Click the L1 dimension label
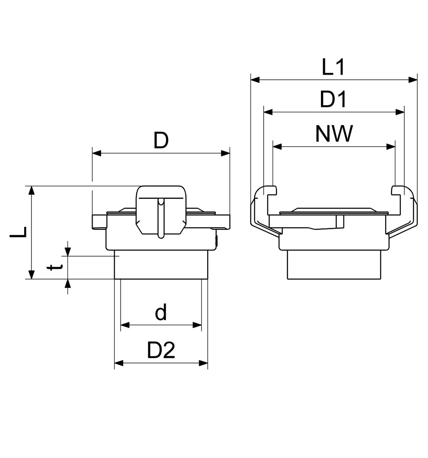(333, 67)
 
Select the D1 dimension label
(333, 99)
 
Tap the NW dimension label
(334, 134)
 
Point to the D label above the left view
(161, 140)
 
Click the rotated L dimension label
(18, 232)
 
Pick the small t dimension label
(55, 267)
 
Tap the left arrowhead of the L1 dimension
(255, 79)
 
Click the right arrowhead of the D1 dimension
(400, 112)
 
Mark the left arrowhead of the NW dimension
(277, 146)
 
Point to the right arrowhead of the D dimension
(225, 153)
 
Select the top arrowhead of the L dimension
(31, 190)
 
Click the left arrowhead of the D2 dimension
(119, 363)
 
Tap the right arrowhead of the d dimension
(197, 325)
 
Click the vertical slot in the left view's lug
(160, 218)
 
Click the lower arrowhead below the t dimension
(68, 284)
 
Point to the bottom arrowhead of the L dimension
(31, 274)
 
